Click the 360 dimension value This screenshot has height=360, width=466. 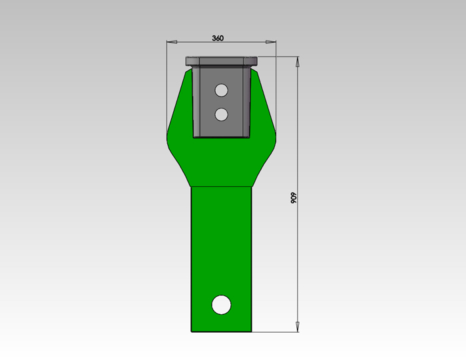point(218,38)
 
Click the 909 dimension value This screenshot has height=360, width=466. point(294,198)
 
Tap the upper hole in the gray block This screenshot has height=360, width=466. point(221,90)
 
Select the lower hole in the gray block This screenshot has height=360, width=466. point(221,114)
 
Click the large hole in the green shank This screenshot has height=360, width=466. point(222,305)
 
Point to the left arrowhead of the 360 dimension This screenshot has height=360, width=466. point(172,42)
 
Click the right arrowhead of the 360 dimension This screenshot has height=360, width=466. point(271,42)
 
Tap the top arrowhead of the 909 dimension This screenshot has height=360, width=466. point(298,62)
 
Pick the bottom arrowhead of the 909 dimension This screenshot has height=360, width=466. point(298,327)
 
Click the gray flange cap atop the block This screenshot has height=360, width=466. point(222,61)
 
